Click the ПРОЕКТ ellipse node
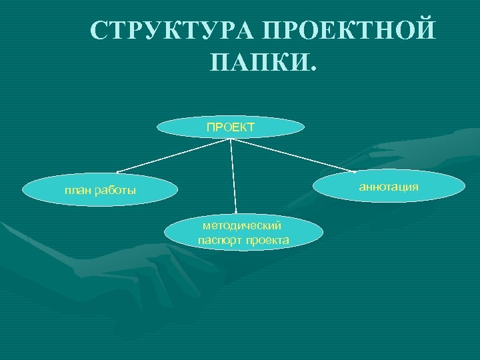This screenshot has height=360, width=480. [231, 127]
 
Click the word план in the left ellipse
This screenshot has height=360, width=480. [77, 191]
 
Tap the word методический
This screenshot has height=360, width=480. [243, 227]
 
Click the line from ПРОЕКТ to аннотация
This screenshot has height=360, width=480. [293, 155]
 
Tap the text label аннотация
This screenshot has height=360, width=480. [389, 187]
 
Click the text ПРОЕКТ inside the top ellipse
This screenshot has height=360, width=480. [231, 127]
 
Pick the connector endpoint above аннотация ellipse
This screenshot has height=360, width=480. [355, 171]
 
